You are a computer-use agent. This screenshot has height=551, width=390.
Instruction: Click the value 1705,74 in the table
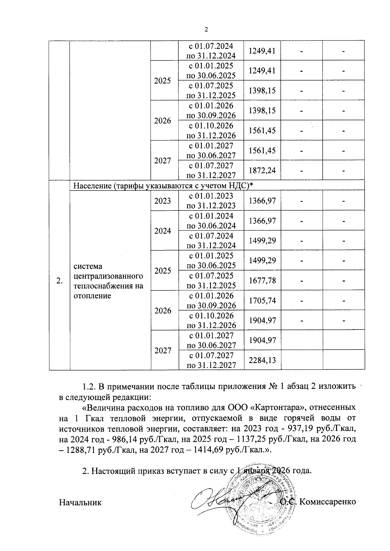(x=262, y=301)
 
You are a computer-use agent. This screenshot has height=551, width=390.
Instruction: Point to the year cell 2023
(x=162, y=201)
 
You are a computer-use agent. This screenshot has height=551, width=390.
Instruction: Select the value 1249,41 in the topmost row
(x=262, y=51)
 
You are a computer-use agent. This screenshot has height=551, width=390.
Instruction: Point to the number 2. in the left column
(x=59, y=281)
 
